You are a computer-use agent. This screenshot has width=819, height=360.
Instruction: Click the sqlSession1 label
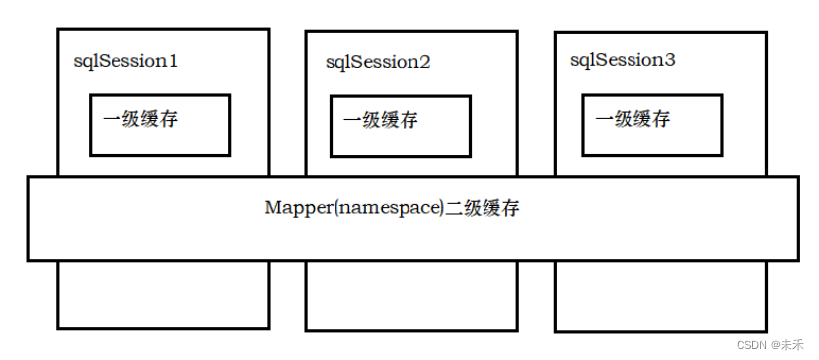coord(125,61)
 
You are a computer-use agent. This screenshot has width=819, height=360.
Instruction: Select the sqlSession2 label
coord(378,62)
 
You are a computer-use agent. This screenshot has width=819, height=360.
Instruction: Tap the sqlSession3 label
coord(623,60)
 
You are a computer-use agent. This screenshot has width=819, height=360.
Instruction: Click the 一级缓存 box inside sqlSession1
coord(160,124)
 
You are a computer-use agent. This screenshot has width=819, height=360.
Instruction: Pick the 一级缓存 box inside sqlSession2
coord(401,126)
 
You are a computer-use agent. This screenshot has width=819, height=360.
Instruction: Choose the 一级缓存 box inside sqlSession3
coord(652,124)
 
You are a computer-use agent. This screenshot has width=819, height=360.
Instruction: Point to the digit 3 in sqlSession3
coord(671,60)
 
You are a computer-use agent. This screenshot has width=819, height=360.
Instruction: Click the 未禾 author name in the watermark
coord(793,344)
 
